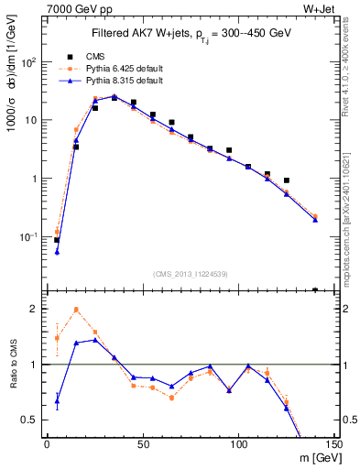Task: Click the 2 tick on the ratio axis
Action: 34,310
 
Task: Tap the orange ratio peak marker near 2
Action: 76,310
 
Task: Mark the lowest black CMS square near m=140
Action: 315,290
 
